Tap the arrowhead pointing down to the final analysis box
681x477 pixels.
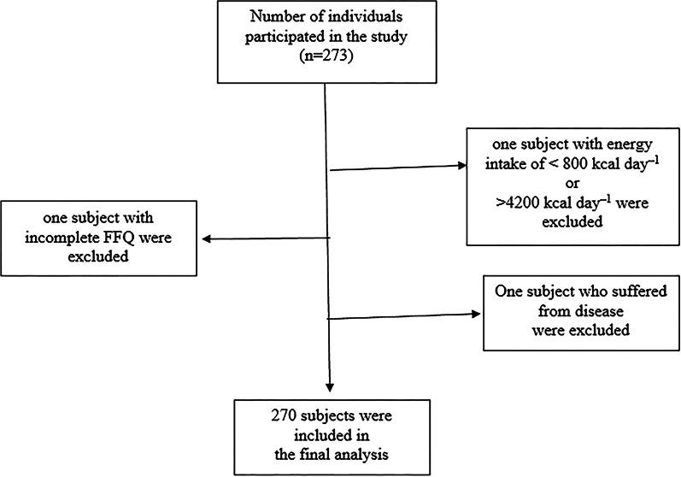(330, 390)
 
